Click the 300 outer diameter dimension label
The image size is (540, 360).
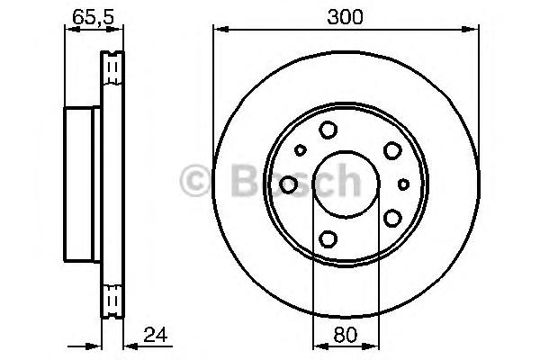(x=345, y=17)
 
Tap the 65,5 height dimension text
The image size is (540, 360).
(x=93, y=16)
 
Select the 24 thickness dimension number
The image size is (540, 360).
(x=156, y=335)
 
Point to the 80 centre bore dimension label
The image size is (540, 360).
(x=346, y=335)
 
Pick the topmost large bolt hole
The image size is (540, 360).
(x=328, y=130)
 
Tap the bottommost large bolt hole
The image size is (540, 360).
(x=328, y=238)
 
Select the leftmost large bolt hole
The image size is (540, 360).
(x=288, y=184)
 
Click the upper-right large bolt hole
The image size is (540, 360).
(x=392, y=150)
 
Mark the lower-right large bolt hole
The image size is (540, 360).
(x=392, y=218)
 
